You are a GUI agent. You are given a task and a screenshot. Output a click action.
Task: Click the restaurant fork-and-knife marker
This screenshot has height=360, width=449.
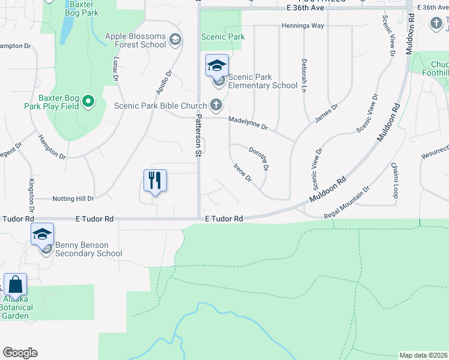click(155, 181)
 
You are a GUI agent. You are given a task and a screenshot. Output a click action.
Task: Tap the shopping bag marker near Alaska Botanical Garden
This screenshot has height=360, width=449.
click(15, 285)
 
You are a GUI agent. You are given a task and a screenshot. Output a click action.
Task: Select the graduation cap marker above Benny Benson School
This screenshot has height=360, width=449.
click(43, 234)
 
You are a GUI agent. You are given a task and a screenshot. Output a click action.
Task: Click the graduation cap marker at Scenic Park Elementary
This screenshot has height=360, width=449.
click(217, 65)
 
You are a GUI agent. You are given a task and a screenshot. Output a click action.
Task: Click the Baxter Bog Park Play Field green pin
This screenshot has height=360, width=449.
click(88, 101)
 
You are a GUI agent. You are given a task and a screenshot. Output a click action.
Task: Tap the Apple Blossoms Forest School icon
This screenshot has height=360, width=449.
click(175, 40)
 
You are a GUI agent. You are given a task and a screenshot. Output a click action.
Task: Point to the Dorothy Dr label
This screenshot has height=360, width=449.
click(259, 158)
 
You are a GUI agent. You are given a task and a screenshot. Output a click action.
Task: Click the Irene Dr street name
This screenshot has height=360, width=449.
click(242, 173)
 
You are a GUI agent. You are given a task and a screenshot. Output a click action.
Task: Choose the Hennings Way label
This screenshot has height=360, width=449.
click(303, 26)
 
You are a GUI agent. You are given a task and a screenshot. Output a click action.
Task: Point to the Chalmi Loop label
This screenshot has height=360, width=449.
click(394, 180)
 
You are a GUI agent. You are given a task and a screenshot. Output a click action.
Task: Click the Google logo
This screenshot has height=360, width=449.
click(20, 353)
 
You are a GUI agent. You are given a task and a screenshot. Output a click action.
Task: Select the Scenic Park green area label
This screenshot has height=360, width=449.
click(223, 37)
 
